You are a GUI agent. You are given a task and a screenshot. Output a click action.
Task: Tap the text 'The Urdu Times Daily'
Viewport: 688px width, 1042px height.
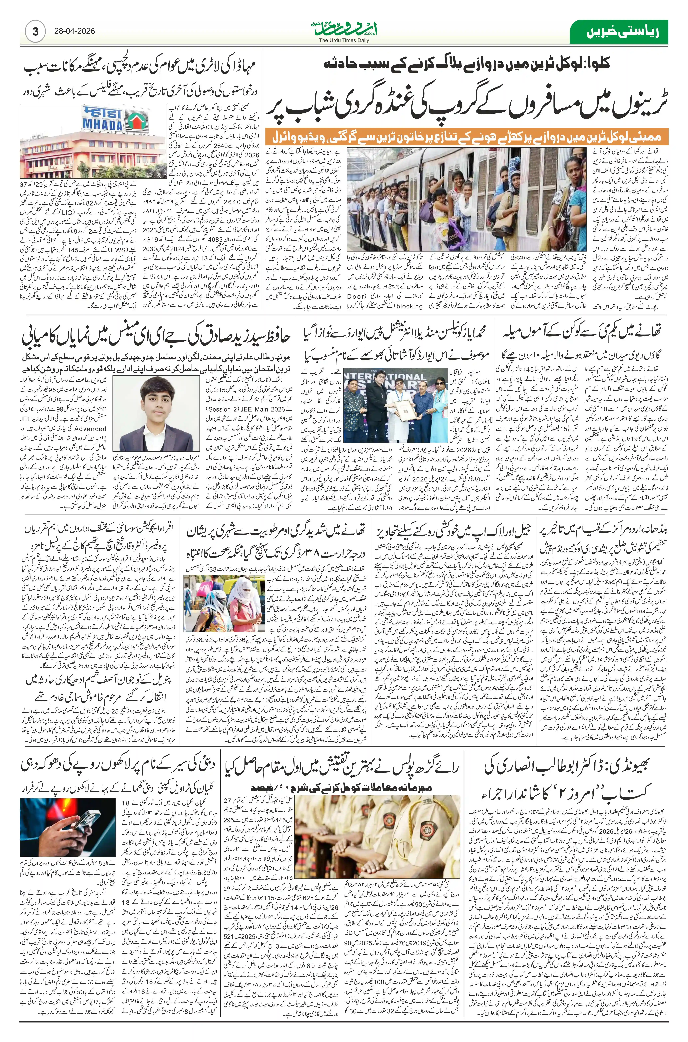(344, 40)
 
